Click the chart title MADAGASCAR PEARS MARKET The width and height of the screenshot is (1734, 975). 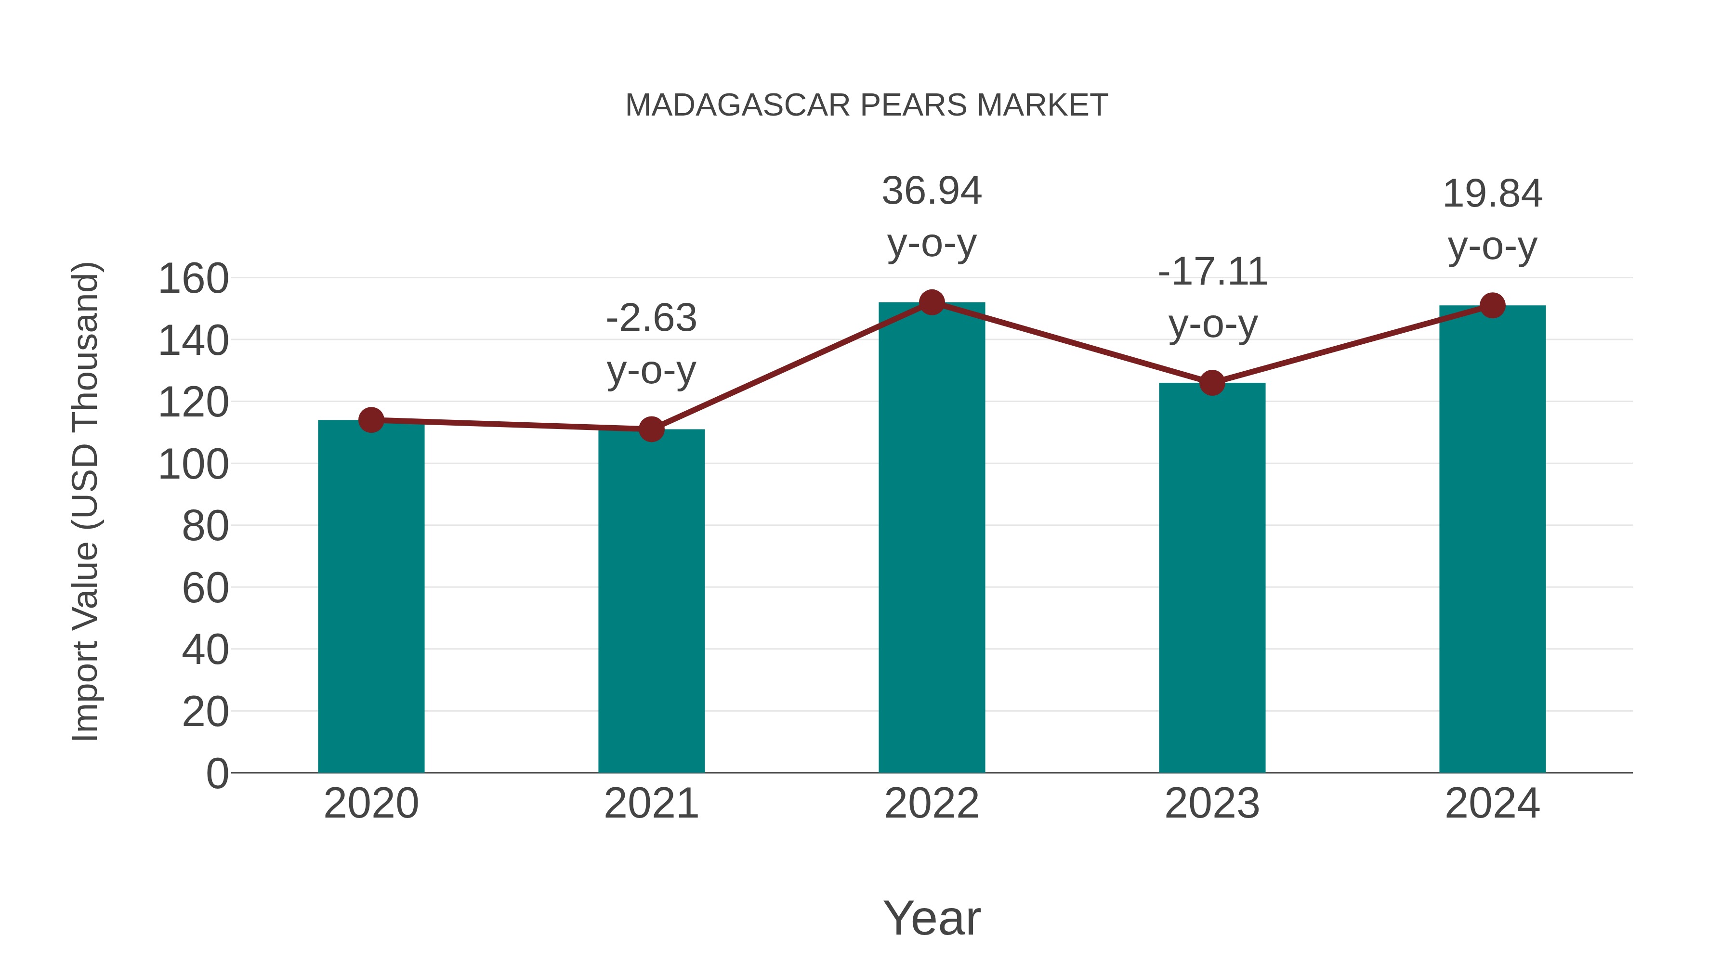[x=867, y=105]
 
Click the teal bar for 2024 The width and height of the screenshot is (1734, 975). [x=1492, y=538]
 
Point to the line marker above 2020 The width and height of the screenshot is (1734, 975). [x=371, y=420]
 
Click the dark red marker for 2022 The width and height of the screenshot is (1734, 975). [x=932, y=303]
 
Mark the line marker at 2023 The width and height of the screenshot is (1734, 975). [x=1212, y=383]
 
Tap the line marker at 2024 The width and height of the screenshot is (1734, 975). [x=1492, y=305]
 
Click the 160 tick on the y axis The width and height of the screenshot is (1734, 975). [x=193, y=279]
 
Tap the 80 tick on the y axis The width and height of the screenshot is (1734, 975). [x=205, y=526]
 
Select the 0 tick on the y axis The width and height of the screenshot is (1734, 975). [x=217, y=773]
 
